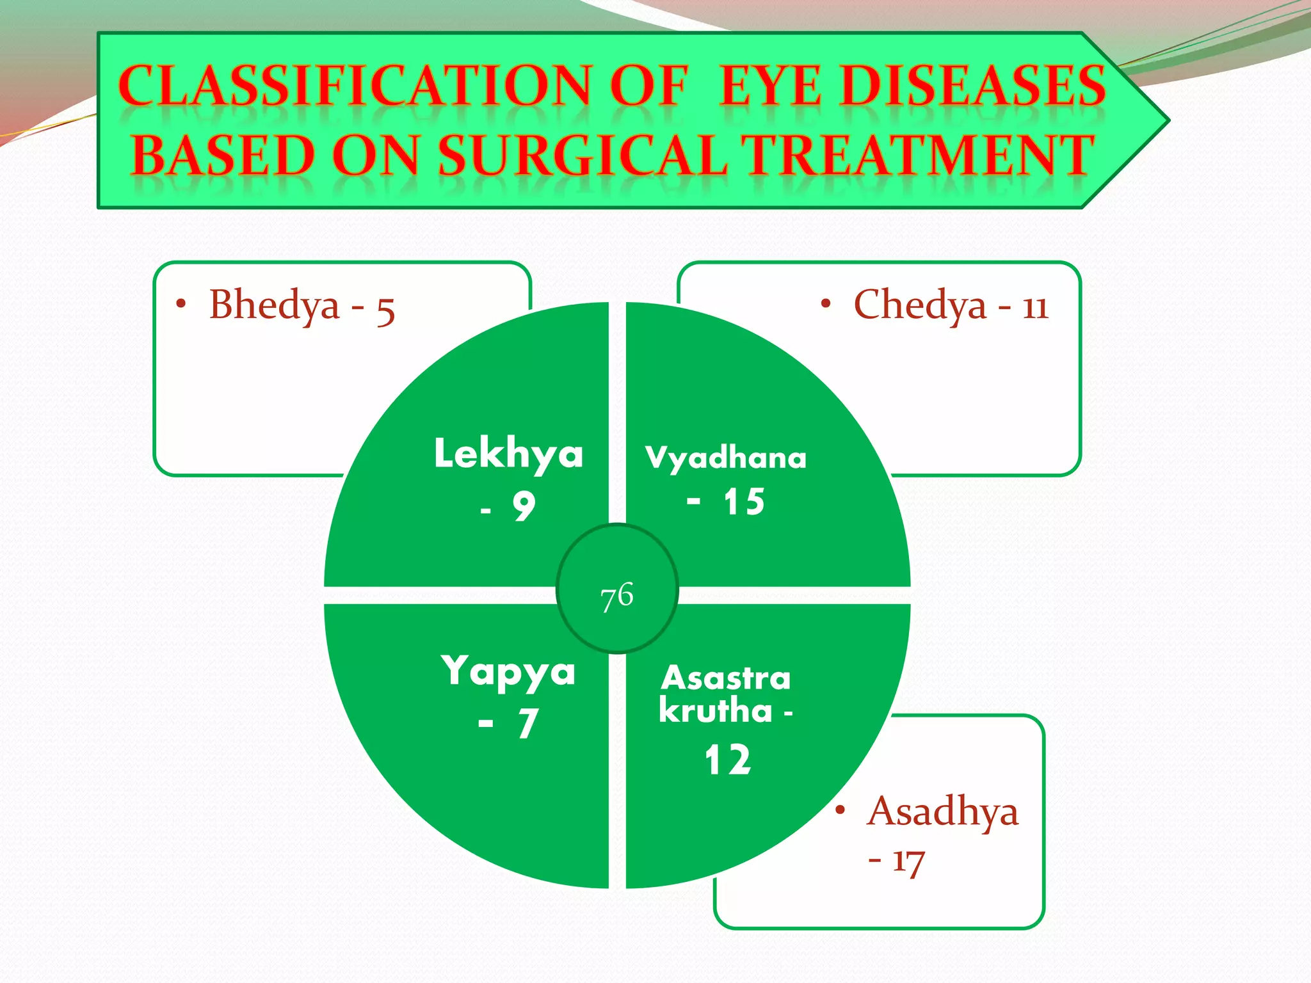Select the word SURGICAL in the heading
[583, 156]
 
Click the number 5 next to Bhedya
[385, 310]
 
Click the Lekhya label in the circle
[508, 454]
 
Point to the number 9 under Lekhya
[524, 507]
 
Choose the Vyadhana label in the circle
[726, 458]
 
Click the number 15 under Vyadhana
[744, 502]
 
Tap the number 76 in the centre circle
[617, 596]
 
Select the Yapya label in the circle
[508, 672]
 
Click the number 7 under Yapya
[527, 724]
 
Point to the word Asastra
[726, 678]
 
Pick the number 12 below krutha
[728, 760]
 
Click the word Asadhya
[942, 811]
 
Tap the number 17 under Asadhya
[908, 861]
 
